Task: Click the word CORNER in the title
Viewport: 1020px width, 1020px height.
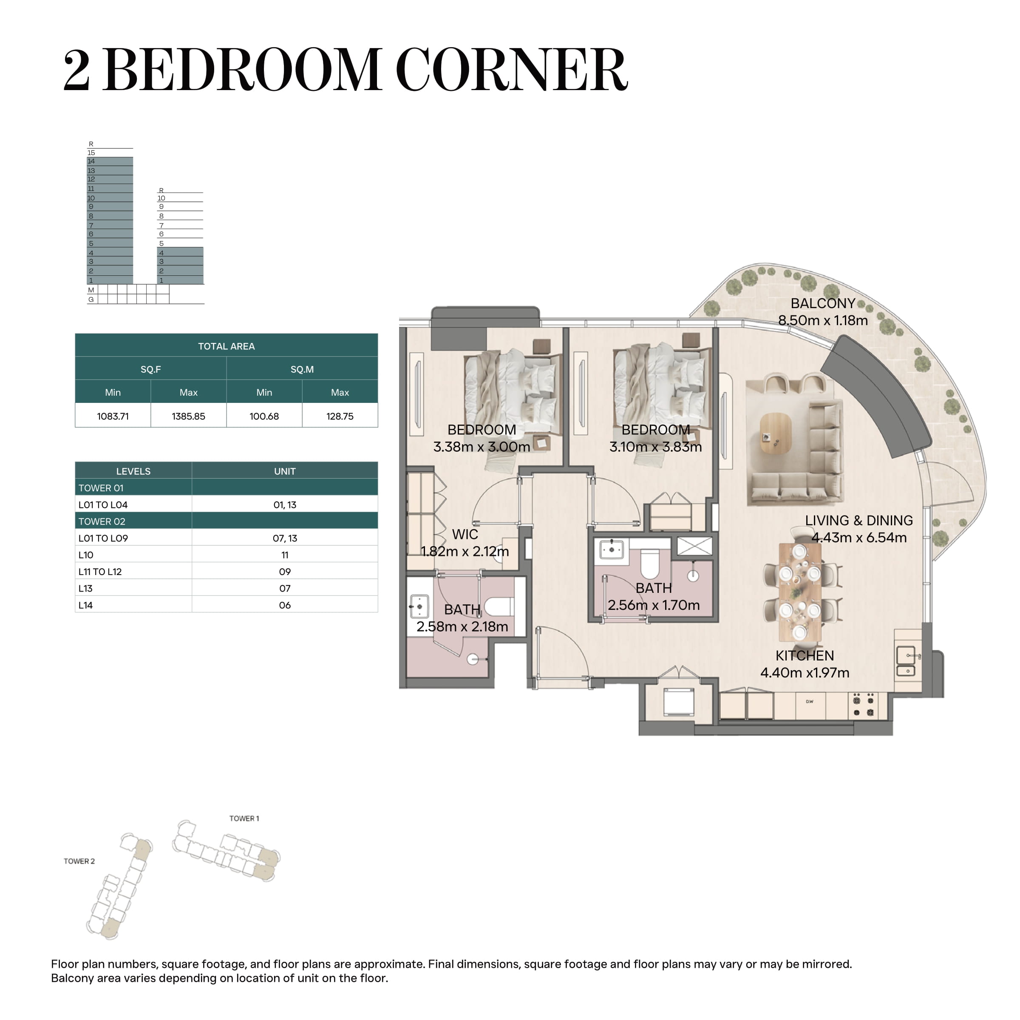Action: tap(512, 70)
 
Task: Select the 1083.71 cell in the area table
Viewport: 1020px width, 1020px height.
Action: tap(113, 416)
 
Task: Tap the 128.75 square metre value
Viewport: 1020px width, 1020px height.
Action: tap(340, 416)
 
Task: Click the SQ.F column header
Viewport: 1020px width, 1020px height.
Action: tap(151, 369)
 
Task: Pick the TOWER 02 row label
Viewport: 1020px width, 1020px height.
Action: tap(102, 521)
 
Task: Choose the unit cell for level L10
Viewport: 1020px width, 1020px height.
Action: tap(285, 555)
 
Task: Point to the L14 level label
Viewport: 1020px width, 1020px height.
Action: tap(85, 605)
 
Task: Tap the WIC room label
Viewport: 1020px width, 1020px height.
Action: tap(465, 534)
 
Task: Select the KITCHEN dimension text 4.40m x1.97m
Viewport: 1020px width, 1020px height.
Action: tap(805, 673)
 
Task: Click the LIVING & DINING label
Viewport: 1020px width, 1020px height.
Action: tap(859, 521)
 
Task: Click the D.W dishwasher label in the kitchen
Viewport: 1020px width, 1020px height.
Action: tap(809, 702)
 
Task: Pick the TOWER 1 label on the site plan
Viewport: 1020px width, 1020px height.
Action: tap(244, 818)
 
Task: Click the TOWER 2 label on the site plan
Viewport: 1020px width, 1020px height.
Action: tap(79, 861)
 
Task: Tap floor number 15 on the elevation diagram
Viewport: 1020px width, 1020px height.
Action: tap(91, 153)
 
